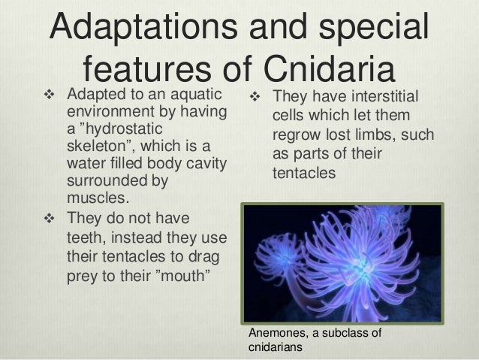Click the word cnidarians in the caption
273,348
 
